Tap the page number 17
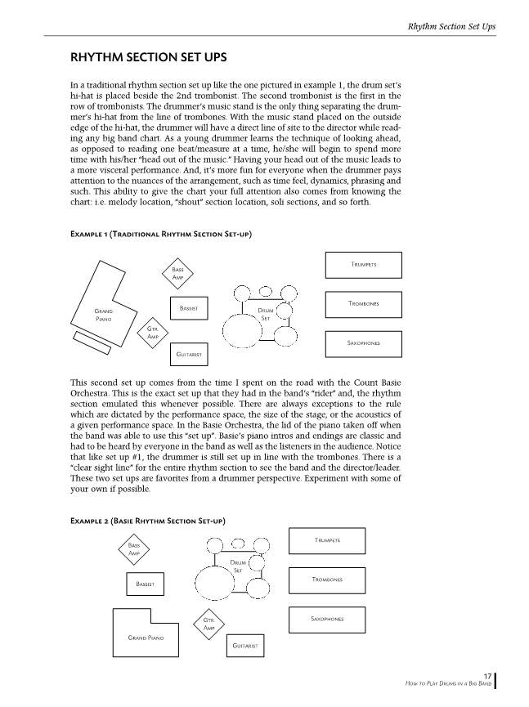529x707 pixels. [x=486, y=675]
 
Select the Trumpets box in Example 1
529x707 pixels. [x=363, y=265]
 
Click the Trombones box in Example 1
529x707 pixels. [x=363, y=304]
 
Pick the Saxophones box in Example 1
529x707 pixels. [x=363, y=344]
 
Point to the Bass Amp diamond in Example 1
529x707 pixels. [x=177, y=274]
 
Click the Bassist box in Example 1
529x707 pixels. [x=187, y=308]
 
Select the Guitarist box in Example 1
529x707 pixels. [x=187, y=355]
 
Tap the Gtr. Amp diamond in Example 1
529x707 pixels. [x=152, y=332]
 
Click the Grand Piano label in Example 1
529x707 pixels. [x=103, y=315]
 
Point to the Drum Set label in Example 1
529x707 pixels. [x=265, y=314]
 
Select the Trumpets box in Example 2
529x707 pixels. [x=327, y=540]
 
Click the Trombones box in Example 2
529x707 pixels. [x=327, y=579]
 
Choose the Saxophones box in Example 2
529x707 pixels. [x=327, y=620]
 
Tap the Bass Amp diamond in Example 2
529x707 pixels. [x=133, y=548]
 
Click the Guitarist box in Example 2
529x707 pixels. [x=245, y=647]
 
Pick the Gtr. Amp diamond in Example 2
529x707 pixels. [x=208, y=624]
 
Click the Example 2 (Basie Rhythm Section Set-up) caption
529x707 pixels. [x=148, y=521]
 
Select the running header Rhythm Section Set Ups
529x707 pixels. [x=451, y=27]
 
